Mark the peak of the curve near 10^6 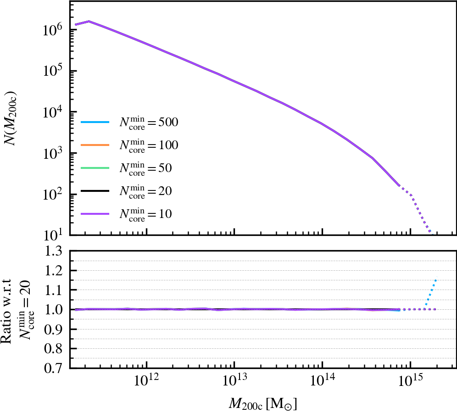tap(89, 21)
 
